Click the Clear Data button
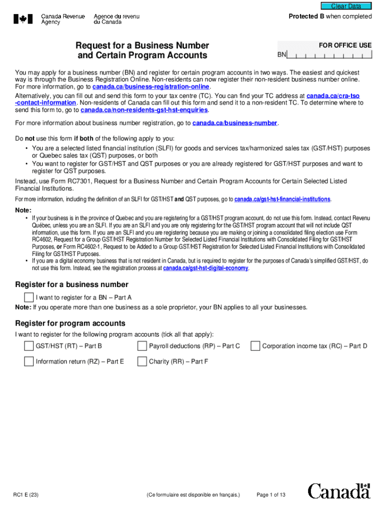(x=346, y=6)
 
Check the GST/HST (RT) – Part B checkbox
(x=29, y=346)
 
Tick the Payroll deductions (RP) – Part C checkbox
(x=142, y=346)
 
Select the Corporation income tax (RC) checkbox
(x=255, y=346)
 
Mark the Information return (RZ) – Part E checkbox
(x=29, y=361)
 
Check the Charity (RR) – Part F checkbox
(x=142, y=361)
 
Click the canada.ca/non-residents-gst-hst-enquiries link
(x=144, y=110)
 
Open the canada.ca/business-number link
(x=234, y=123)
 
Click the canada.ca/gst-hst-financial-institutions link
(x=282, y=199)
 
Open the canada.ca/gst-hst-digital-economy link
(x=205, y=268)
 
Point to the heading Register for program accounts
(x=70, y=323)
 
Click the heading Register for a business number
(x=72, y=285)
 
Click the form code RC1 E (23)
(x=26, y=495)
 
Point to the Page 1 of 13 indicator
(x=270, y=495)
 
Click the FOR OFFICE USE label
(x=345, y=45)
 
